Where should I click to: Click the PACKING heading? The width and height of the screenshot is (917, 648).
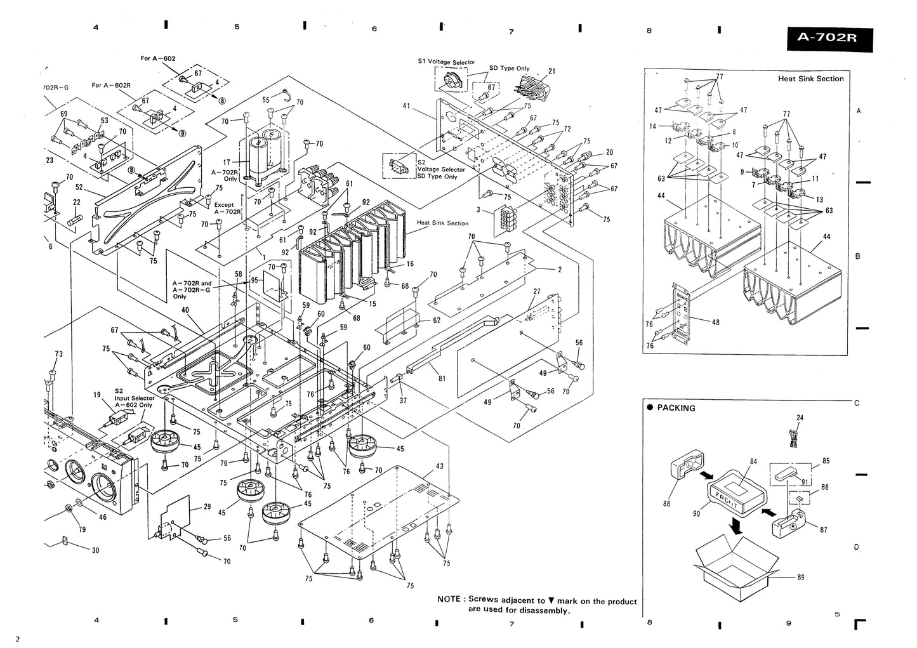(x=676, y=408)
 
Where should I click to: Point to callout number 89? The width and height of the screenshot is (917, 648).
(x=800, y=578)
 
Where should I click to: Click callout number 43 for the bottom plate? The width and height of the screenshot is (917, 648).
(x=440, y=466)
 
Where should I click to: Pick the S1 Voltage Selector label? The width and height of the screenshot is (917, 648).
(x=446, y=62)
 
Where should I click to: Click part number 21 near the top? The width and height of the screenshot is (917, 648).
(x=551, y=71)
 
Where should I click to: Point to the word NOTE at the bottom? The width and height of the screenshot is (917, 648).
(x=450, y=600)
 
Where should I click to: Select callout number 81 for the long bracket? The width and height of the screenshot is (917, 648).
(x=442, y=378)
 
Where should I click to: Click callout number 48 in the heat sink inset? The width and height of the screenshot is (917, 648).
(x=715, y=322)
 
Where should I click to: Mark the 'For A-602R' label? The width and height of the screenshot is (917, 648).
(x=111, y=85)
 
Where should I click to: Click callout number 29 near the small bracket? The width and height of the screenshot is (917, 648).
(x=207, y=506)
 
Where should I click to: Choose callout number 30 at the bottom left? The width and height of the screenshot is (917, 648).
(x=95, y=550)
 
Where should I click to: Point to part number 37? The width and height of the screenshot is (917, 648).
(x=403, y=400)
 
